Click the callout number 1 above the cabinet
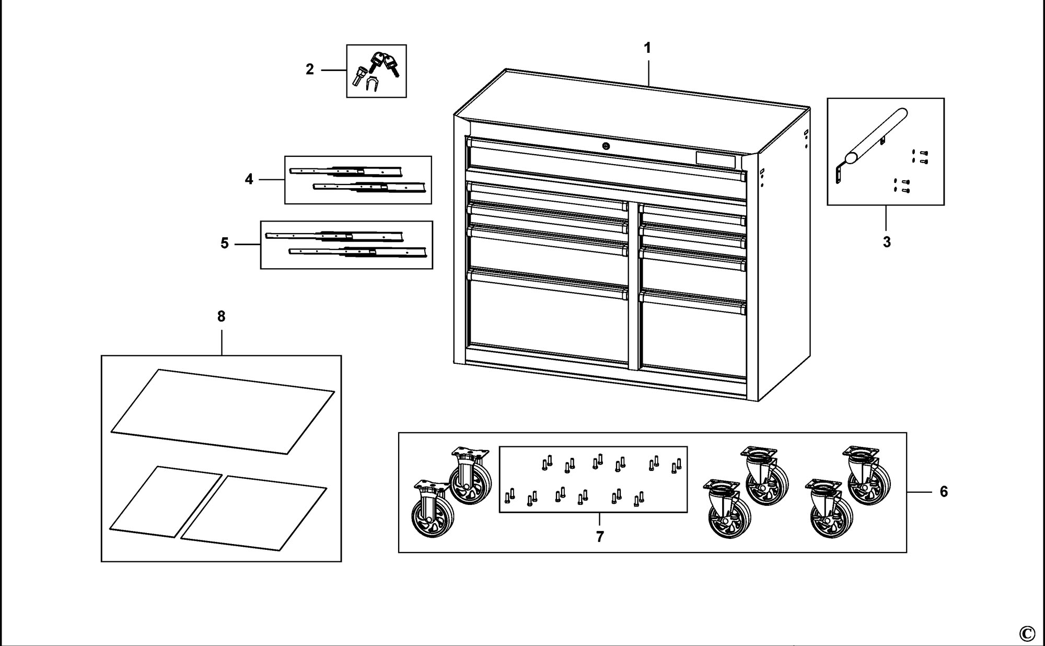coord(647,48)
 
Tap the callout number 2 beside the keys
coord(310,70)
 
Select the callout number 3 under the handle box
coord(887,242)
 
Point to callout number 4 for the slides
coord(249,179)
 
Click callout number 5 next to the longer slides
coord(225,244)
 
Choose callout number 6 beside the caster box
coord(944,492)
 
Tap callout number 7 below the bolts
coord(600,537)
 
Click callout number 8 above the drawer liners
coord(221,316)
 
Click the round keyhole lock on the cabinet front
coord(606,146)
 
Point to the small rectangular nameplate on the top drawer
coord(715,160)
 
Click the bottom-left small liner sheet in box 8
coord(166,502)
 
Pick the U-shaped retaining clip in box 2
coord(373,84)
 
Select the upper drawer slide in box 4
coord(346,171)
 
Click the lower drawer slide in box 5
coord(357,252)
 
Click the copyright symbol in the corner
coord(1027,633)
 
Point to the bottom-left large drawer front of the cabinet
coord(548,319)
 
